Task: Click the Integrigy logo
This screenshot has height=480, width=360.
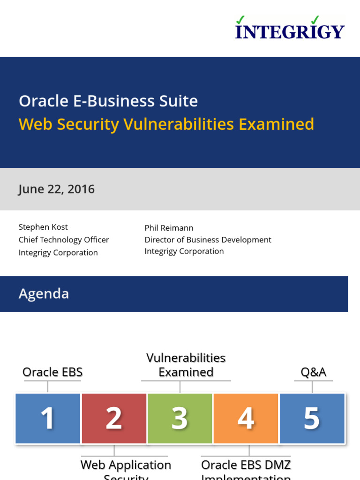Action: point(290,29)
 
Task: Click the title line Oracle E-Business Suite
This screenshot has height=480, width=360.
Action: point(108,101)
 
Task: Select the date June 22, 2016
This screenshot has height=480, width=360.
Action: point(57,189)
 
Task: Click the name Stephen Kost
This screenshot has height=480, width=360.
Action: point(43,227)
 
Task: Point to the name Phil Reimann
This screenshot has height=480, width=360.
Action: point(169,228)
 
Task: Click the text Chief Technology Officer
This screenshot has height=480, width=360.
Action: point(64,240)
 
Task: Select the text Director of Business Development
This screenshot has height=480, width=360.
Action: point(208,240)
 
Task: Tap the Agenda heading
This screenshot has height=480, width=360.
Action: point(44,294)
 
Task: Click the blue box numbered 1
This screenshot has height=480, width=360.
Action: point(48,418)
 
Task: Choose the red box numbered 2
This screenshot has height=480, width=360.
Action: point(114,418)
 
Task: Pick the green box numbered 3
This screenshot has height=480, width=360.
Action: point(180,418)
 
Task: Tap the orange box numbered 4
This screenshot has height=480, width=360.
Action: point(246,418)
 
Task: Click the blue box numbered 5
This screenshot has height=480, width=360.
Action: point(312,418)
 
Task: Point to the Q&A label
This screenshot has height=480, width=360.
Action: point(313,372)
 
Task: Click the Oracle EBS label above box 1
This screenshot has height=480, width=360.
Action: point(52,372)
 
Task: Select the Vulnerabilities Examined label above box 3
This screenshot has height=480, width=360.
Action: point(186,365)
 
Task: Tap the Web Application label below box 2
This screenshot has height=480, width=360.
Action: point(126,465)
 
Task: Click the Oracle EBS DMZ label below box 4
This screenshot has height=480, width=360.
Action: point(246,465)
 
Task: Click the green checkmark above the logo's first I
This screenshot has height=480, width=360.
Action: point(240,19)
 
